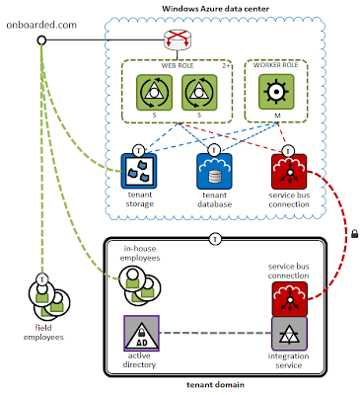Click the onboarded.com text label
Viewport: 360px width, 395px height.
[x=40, y=22]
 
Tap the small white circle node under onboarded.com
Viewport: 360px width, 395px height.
[x=41, y=40]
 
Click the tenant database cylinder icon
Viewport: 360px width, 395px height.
[x=215, y=170]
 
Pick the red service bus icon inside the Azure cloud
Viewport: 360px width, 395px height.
[x=288, y=169]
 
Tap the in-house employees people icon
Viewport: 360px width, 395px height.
[x=139, y=285]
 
